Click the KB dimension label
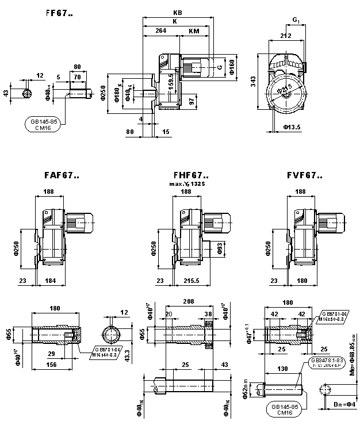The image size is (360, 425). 178,13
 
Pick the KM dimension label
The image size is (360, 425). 194,32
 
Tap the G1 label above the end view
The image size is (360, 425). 296,21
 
